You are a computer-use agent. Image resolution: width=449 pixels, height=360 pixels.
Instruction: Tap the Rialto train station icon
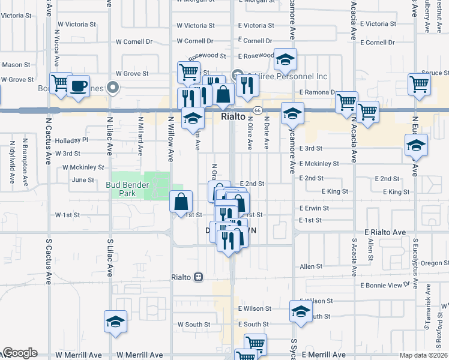coord(198,277)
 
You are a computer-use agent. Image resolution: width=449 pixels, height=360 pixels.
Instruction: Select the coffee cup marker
coord(78,86)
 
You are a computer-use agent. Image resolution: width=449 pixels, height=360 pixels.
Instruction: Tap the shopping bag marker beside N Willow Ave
coord(181,202)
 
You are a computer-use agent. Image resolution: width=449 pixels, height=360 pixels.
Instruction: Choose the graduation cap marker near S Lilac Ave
coord(115,322)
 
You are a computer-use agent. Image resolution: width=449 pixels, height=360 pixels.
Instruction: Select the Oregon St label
coord(435,263)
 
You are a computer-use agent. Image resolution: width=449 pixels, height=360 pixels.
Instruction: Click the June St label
coord(83,179)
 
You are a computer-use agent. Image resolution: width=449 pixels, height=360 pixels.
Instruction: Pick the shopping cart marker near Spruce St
coord(419,85)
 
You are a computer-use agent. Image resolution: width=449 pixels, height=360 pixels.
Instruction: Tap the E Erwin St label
coord(313,208)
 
